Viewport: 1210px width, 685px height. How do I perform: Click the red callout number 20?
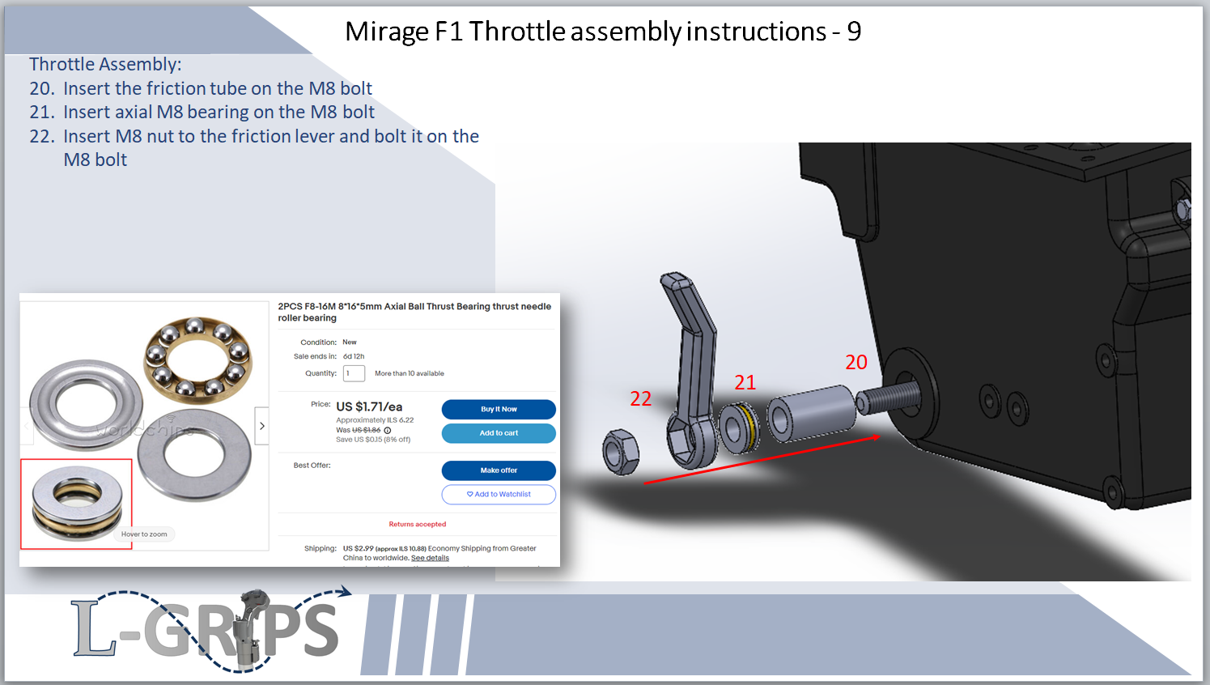point(856,362)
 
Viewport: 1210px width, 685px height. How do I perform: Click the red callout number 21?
point(745,382)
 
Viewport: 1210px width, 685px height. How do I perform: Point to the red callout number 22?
point(641,398)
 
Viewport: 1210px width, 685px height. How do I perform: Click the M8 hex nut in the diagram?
point(621,452)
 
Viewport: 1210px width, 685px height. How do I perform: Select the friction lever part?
point(694,372)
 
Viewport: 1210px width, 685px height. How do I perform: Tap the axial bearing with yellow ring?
point(739,428)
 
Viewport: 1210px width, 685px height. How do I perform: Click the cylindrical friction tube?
point(811,413)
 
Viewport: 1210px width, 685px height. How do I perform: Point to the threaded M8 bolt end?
point(889,398)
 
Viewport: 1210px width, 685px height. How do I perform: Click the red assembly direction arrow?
point(762,459)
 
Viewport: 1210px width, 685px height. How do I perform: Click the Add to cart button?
point(499,433)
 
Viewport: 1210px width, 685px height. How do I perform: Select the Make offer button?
point(499,470)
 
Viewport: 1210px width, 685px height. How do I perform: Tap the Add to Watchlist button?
point(499,494)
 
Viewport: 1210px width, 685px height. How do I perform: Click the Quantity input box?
point(354,373)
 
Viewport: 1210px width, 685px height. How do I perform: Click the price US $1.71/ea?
point(370,406)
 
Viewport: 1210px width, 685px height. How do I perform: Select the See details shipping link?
point(430,558)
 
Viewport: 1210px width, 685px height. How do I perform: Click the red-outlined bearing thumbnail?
point(76,504)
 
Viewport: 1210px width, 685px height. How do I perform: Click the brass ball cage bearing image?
point(197,356)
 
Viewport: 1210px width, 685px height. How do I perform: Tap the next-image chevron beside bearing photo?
point(262,426)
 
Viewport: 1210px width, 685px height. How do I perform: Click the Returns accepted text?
point(418,524)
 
